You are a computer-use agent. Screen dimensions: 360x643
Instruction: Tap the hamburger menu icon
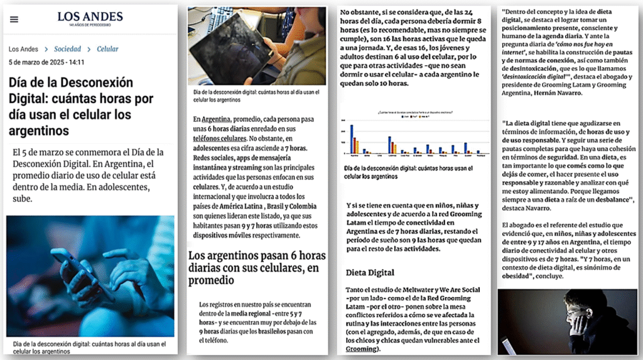(x=14, y=19)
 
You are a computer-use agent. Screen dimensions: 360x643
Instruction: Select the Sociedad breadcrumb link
(x=68, y=49)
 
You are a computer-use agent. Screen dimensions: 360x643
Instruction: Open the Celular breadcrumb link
(x=107, y=49)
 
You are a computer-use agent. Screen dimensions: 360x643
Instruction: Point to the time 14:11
(x=76, y=62)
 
